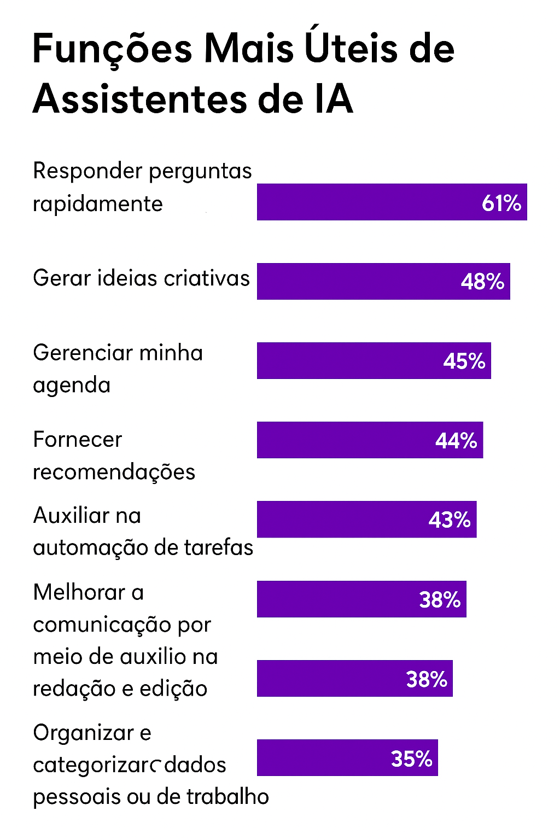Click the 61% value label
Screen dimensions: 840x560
pos(501,203)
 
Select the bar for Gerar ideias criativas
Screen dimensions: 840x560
pos(383,281)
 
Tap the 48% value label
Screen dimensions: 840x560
pos(482,282)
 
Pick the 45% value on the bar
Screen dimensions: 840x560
pos(464,361)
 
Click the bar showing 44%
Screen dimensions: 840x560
pos(370,440)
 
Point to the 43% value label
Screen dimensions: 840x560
pos(449,520)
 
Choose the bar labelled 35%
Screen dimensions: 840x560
pos(347,757)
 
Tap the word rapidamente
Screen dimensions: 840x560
pos(98,205)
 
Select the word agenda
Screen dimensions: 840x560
pos(72,386)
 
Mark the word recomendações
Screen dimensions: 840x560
pos(114,472)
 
